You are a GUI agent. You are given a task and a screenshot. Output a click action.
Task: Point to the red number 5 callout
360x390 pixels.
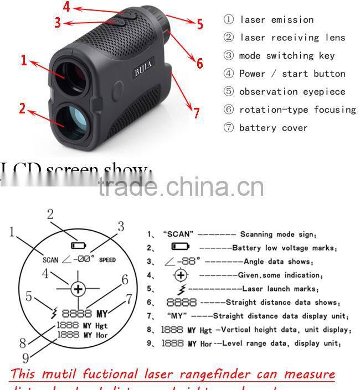199,24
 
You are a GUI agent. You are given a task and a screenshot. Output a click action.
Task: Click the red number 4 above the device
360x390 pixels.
66,7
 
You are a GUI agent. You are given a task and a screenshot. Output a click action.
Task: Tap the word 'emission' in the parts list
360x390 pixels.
292,20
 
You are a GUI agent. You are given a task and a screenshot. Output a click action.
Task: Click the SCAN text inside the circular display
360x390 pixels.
50,259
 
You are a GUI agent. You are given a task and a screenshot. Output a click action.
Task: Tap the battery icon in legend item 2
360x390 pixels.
181,247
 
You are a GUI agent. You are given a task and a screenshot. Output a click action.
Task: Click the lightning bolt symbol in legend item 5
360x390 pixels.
180,289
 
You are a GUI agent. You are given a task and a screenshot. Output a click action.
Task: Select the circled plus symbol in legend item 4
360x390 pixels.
181,275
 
